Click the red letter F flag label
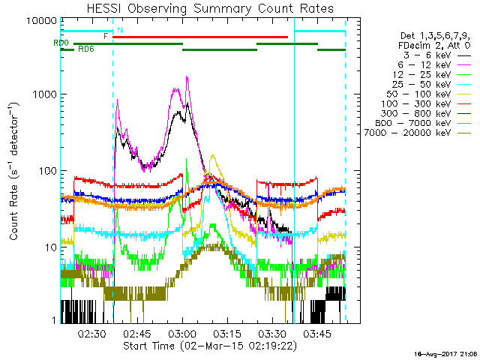coord(106,35)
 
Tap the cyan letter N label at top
coord(119,30)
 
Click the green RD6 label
coord(86,49)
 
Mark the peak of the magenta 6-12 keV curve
coord(186,77)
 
